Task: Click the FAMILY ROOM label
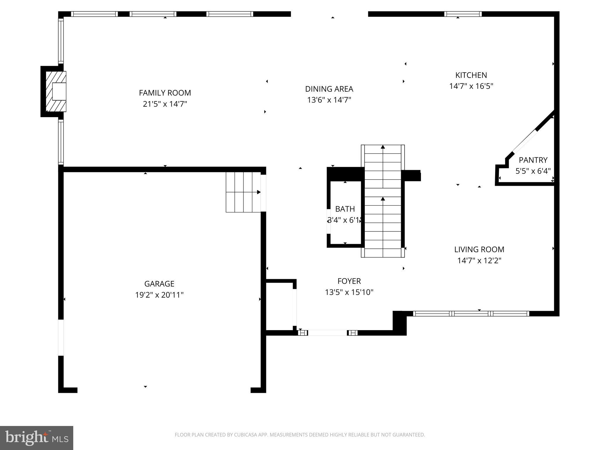click(165, 93)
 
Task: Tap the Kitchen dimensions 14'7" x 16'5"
click(471, 86)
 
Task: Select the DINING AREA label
click(329, 89)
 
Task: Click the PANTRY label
click(533, 160)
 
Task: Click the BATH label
click(345, 209)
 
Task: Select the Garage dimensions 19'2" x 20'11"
click(159, 295)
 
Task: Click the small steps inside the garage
click(243, 192)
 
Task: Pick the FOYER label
click(349, 281)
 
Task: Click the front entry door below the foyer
click(328, 333)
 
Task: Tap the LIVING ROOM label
click(479, 249)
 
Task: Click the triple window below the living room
click(471, 313)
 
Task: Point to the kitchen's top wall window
click(463, 14)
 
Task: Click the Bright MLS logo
click(36, 438)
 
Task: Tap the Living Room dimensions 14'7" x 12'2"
click(479, 260)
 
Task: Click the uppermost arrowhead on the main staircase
click(383, 147)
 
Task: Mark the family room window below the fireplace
click(61, 142)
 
